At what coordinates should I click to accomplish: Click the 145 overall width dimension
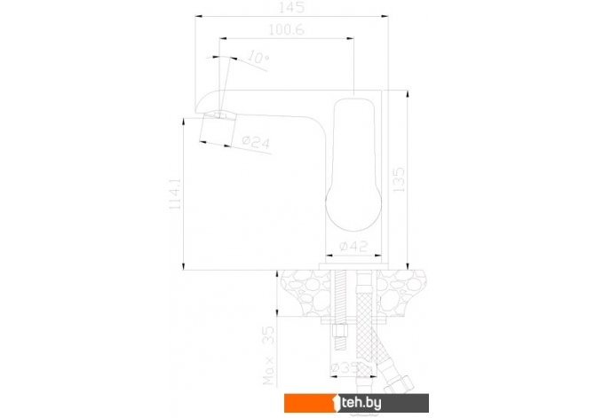click(x=291, y=7)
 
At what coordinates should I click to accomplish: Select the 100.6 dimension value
click(x=287, y=29)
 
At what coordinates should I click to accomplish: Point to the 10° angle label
click(x=258, y=58)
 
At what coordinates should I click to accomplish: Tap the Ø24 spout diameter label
click(x=256, y=142)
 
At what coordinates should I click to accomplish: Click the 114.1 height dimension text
click(x=175, y=193)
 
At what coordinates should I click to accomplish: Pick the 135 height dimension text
click(x=399, y=180)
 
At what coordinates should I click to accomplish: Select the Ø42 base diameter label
click(x=353, y=247)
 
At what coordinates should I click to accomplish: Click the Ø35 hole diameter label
click(x=345, y=368)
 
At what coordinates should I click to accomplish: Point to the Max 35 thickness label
click(x=268, y=356)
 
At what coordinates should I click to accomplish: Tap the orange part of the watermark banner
click(x=310, y=403)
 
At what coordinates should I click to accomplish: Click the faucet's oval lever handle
click(x=353, y=164)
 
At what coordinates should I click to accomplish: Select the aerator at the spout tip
click(x=218, y=130)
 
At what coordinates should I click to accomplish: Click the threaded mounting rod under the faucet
click(x=340, y=309)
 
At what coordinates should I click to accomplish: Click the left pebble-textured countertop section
click(x=304, y=293)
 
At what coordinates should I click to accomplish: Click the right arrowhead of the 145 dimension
click(x=385, y=16)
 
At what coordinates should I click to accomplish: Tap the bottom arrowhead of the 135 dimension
click(x=407, y=266)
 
